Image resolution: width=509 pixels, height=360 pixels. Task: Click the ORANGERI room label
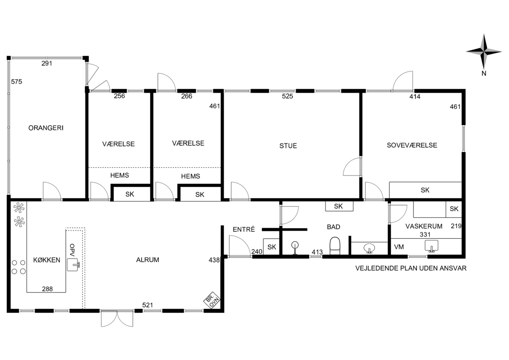[x=46, y=128]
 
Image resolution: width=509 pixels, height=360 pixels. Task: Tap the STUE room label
[x=288, y=146]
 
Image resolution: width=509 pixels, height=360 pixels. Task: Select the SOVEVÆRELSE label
[x=412, y=145]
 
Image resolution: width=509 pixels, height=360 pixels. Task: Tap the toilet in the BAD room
[x=335, y=246]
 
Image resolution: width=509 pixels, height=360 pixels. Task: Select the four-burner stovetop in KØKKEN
[x=19, y=267]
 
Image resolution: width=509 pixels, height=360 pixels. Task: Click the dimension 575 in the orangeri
[x=17, y=82]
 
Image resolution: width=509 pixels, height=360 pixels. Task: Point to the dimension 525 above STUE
[x=287, y=96]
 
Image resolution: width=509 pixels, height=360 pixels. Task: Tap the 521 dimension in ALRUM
[x=148, y=305]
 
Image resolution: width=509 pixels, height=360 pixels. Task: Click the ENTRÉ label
[x=244, y=229]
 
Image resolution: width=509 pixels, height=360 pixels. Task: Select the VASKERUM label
[x=424, y=226]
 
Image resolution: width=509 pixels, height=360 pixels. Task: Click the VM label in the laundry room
[x=399, y=247]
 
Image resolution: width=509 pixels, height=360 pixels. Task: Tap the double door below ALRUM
[x=117, y=318]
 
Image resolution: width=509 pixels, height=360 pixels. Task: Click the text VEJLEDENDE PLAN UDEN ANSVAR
[x=411, y=268]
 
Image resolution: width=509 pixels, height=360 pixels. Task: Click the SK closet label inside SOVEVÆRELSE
[x=425, y=190]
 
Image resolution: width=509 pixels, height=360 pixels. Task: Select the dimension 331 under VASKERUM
[x=425, y=234]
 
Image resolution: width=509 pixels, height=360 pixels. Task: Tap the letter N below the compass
[x=484, y=74]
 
